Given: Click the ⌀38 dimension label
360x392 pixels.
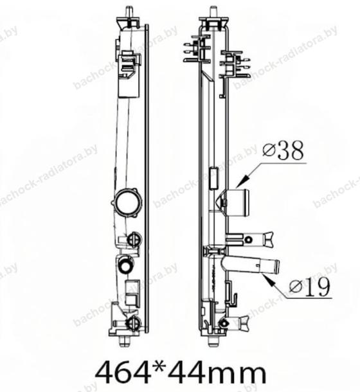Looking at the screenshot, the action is coord(283,150).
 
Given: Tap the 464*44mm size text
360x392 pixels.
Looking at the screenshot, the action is coord(181,373).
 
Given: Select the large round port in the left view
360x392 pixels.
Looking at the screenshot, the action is coord(127,202).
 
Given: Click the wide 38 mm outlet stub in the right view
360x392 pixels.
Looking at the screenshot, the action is coord(237,202).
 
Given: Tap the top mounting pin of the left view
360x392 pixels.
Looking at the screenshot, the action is coord(129,12).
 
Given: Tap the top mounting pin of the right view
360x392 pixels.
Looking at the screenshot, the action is coord(213,12).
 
